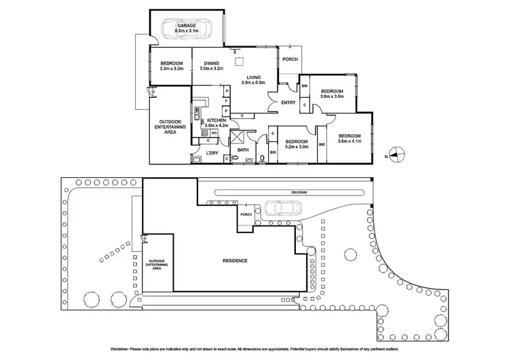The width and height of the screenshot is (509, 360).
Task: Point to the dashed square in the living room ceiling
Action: (240, 64)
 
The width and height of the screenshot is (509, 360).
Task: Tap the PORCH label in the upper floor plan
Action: (290, 59)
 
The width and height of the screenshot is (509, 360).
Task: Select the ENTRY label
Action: (288, 103)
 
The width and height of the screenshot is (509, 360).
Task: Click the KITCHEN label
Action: (216, 120)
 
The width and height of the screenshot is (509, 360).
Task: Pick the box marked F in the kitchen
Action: (225, 100)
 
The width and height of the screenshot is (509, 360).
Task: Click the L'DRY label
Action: (213, 154)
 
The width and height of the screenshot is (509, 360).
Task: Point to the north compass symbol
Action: (398, 155)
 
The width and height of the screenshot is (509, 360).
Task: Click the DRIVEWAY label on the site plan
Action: (299, 193)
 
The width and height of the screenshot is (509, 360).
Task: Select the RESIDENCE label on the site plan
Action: (235, 261)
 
